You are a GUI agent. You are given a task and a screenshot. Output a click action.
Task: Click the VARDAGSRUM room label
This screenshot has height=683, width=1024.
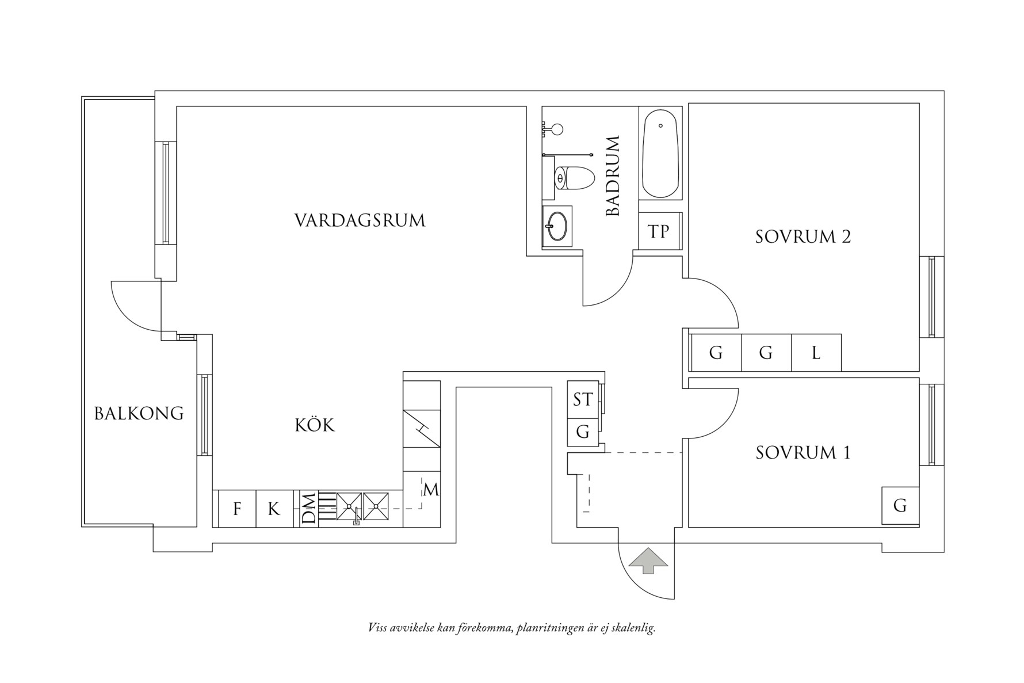pyautogui.click(x=360, y=220)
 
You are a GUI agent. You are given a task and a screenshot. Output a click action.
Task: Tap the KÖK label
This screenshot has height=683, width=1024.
pyautogui.click(x=315, y=425)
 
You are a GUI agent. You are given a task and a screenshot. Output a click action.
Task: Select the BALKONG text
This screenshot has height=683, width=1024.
pyautogui.click(x=139, y=413)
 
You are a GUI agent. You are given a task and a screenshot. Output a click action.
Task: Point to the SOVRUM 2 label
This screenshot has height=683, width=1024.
pyautogui.click(x=803, y=236)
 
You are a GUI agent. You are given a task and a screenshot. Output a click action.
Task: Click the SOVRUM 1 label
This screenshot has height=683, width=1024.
pyautogui.click(x=803, y=453)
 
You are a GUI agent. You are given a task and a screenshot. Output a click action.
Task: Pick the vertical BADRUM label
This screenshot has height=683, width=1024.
pyautogui.click(x=613, y=176)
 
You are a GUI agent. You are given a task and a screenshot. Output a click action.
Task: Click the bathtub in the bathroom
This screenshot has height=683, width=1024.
pyautogui.click(x=660, y=154)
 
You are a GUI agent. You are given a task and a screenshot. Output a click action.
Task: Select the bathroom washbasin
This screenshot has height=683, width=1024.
pyautogui.click(x=557, y=225)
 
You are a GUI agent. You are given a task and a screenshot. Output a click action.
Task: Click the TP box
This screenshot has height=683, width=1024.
pyautogui.click(x=659, y=231)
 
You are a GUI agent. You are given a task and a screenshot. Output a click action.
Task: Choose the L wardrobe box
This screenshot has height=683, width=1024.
pyautogui.click(x=816, y=353)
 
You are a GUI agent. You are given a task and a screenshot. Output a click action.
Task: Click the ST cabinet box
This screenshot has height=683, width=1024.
pyautogui.click(x=582, y=399)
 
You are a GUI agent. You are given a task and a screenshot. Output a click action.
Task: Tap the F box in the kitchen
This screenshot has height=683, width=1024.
pyautogui.click(x=236, y=509)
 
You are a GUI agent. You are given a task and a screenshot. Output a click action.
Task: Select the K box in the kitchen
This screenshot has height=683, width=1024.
pyautogui.click(x=274, y=509)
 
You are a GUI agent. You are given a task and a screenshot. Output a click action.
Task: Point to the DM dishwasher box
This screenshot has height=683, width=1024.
pyautogui.click(x=309, y=509)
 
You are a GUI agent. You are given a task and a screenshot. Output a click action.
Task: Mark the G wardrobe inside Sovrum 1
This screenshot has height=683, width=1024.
pyautogui.click(x=900, y=506)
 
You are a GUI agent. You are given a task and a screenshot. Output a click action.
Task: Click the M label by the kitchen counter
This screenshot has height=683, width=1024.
pyautogui.click(x=431, y=490)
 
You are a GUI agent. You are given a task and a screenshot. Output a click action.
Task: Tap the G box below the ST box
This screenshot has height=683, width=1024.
pyautogui.click(x=582, y=432)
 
